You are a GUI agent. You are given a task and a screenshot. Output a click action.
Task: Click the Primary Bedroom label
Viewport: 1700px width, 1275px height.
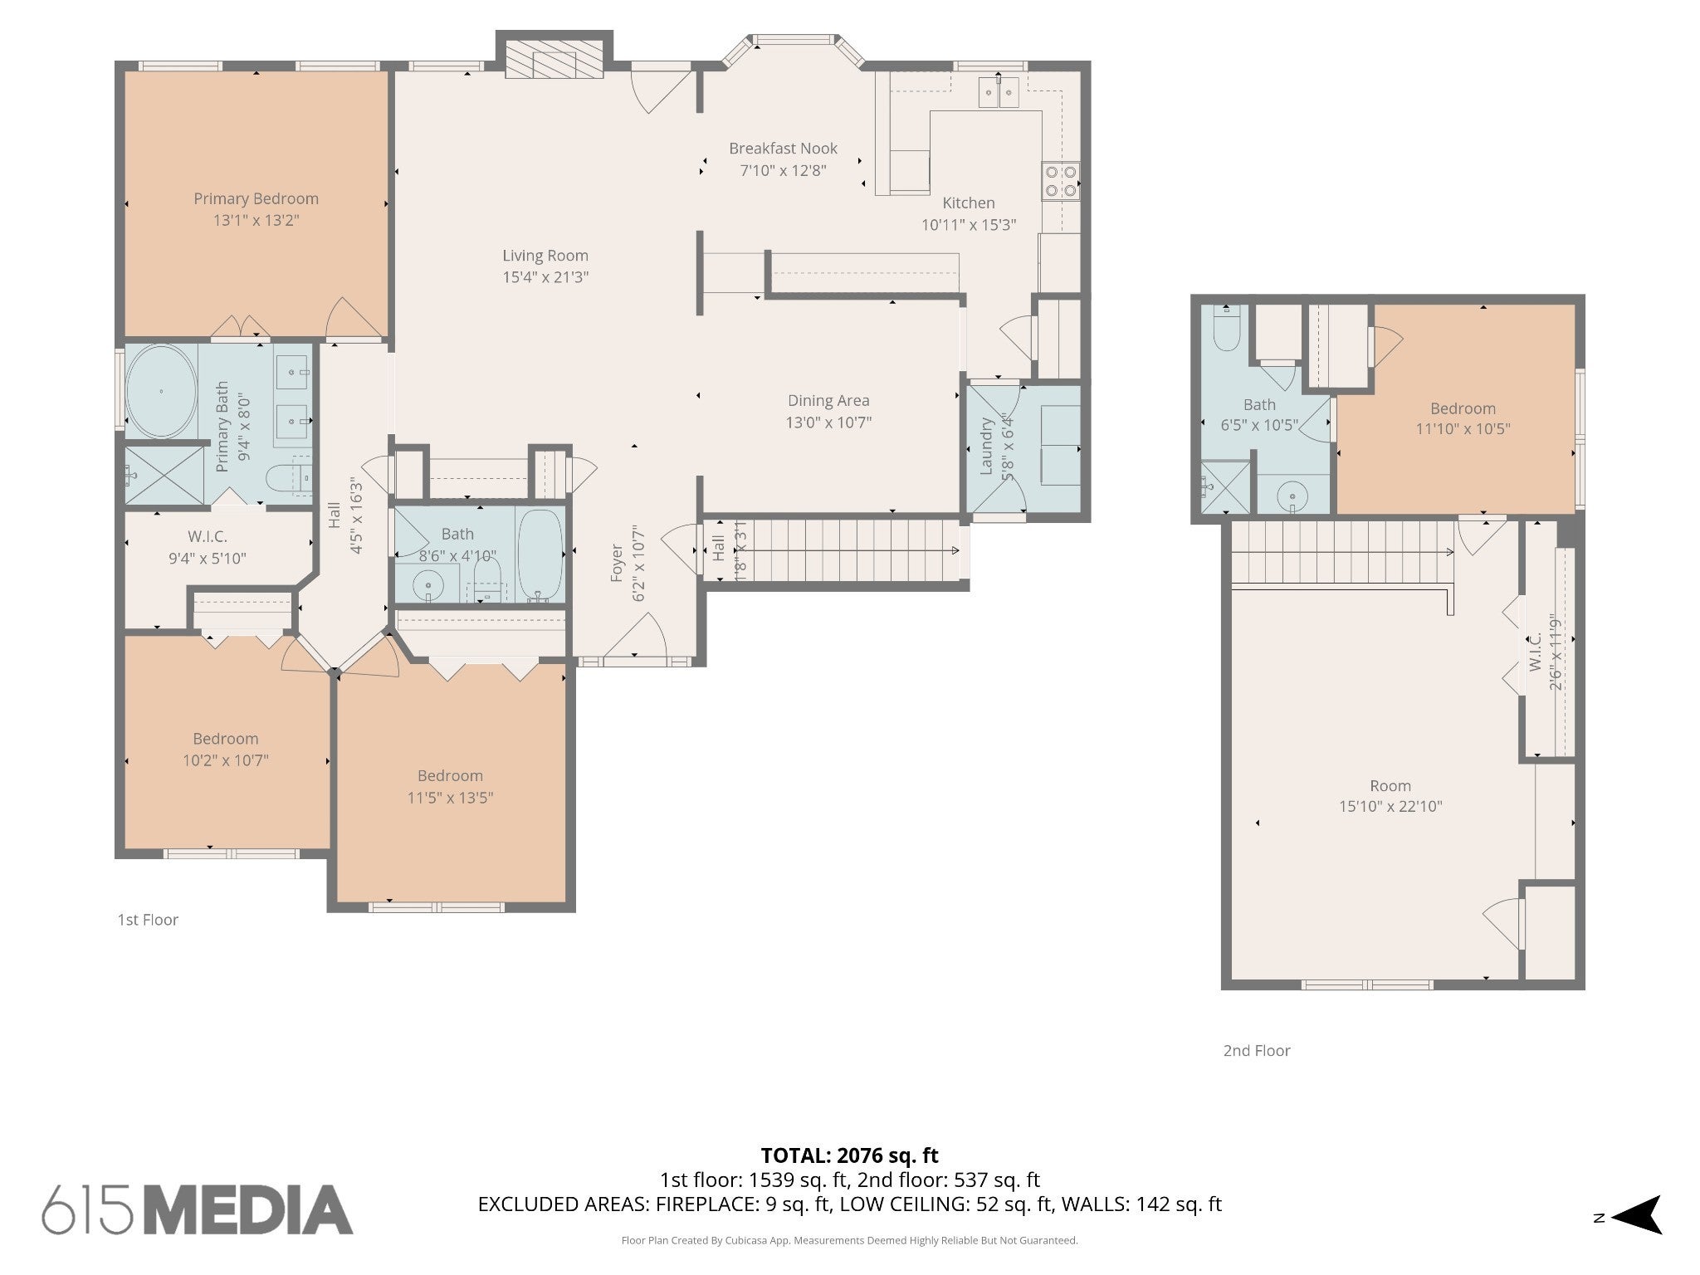pyautogui.click(x=256, y=198)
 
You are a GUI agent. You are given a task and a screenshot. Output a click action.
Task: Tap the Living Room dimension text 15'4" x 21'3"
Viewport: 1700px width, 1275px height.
pyautogui.click(x=545, y=277)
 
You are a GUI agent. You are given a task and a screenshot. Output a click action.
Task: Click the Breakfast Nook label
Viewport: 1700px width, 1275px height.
pyautogui.click(x=783, y=149)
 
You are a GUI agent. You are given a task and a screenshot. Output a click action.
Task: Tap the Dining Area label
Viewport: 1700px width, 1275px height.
pyautogui.click(x=828, y=401)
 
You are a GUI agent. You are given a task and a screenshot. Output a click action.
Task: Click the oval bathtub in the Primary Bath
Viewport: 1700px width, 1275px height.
pyautogui.click(x=161, y=391)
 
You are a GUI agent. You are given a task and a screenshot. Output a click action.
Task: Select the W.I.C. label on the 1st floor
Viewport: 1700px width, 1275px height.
pyautogui.click(x=207, y=537)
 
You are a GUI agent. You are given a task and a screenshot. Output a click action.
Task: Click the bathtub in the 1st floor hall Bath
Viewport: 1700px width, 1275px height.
pyautogui.click(x=540, y=554)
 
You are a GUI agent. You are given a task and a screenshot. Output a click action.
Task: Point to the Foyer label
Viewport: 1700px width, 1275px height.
pyautogui.click(x=617, y=563)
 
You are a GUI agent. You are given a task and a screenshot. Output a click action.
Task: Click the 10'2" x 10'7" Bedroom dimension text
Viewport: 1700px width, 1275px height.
pyautogui.click(x=226, y=760)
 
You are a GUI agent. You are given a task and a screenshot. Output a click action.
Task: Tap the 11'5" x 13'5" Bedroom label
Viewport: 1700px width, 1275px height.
pyautogui.click(x=450, y=776)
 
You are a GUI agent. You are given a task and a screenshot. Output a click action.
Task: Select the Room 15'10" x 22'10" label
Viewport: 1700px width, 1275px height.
pyautogui.click(x=1390, y=786)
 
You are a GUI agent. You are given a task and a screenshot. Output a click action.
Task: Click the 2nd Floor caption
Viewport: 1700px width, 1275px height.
pyautogui.click(x=1257, y=1051)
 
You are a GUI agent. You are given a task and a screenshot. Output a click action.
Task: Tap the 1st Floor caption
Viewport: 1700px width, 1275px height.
pyautogui.click(x=148, y=920)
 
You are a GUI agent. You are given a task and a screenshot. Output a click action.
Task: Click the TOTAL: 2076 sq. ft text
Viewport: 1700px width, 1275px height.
pyautogui.click(x=849, y=1155)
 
